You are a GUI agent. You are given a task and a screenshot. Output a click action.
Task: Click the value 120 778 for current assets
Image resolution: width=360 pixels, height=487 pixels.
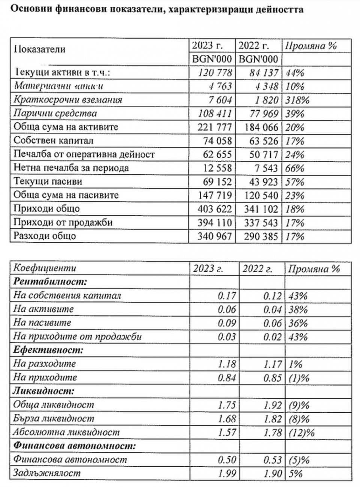214,73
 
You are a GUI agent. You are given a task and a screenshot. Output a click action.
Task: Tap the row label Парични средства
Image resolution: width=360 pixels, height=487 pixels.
55,114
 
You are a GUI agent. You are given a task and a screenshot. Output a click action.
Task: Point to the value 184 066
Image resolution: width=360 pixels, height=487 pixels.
259,127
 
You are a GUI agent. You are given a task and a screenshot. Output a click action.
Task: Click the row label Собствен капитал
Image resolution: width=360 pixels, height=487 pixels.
53,141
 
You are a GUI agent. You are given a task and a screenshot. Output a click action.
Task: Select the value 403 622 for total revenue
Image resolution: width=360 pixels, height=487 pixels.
214,209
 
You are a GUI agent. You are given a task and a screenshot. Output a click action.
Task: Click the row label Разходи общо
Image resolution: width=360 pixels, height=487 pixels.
45,236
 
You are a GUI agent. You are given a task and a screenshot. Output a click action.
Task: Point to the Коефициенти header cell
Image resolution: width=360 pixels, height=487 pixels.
45,268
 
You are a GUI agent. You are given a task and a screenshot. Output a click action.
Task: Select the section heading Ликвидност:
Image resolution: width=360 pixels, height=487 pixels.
43,391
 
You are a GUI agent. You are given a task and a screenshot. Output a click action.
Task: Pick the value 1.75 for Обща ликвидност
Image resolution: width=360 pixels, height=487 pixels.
227,405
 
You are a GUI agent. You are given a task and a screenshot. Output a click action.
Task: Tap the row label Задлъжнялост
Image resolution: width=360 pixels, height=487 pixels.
47,473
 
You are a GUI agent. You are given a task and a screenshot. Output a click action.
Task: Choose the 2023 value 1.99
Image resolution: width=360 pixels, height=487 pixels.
227,473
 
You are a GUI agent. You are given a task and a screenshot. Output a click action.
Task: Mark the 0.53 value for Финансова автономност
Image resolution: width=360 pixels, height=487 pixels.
272,460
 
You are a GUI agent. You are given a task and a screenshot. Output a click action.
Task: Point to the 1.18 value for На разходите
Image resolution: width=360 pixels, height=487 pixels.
227,364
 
